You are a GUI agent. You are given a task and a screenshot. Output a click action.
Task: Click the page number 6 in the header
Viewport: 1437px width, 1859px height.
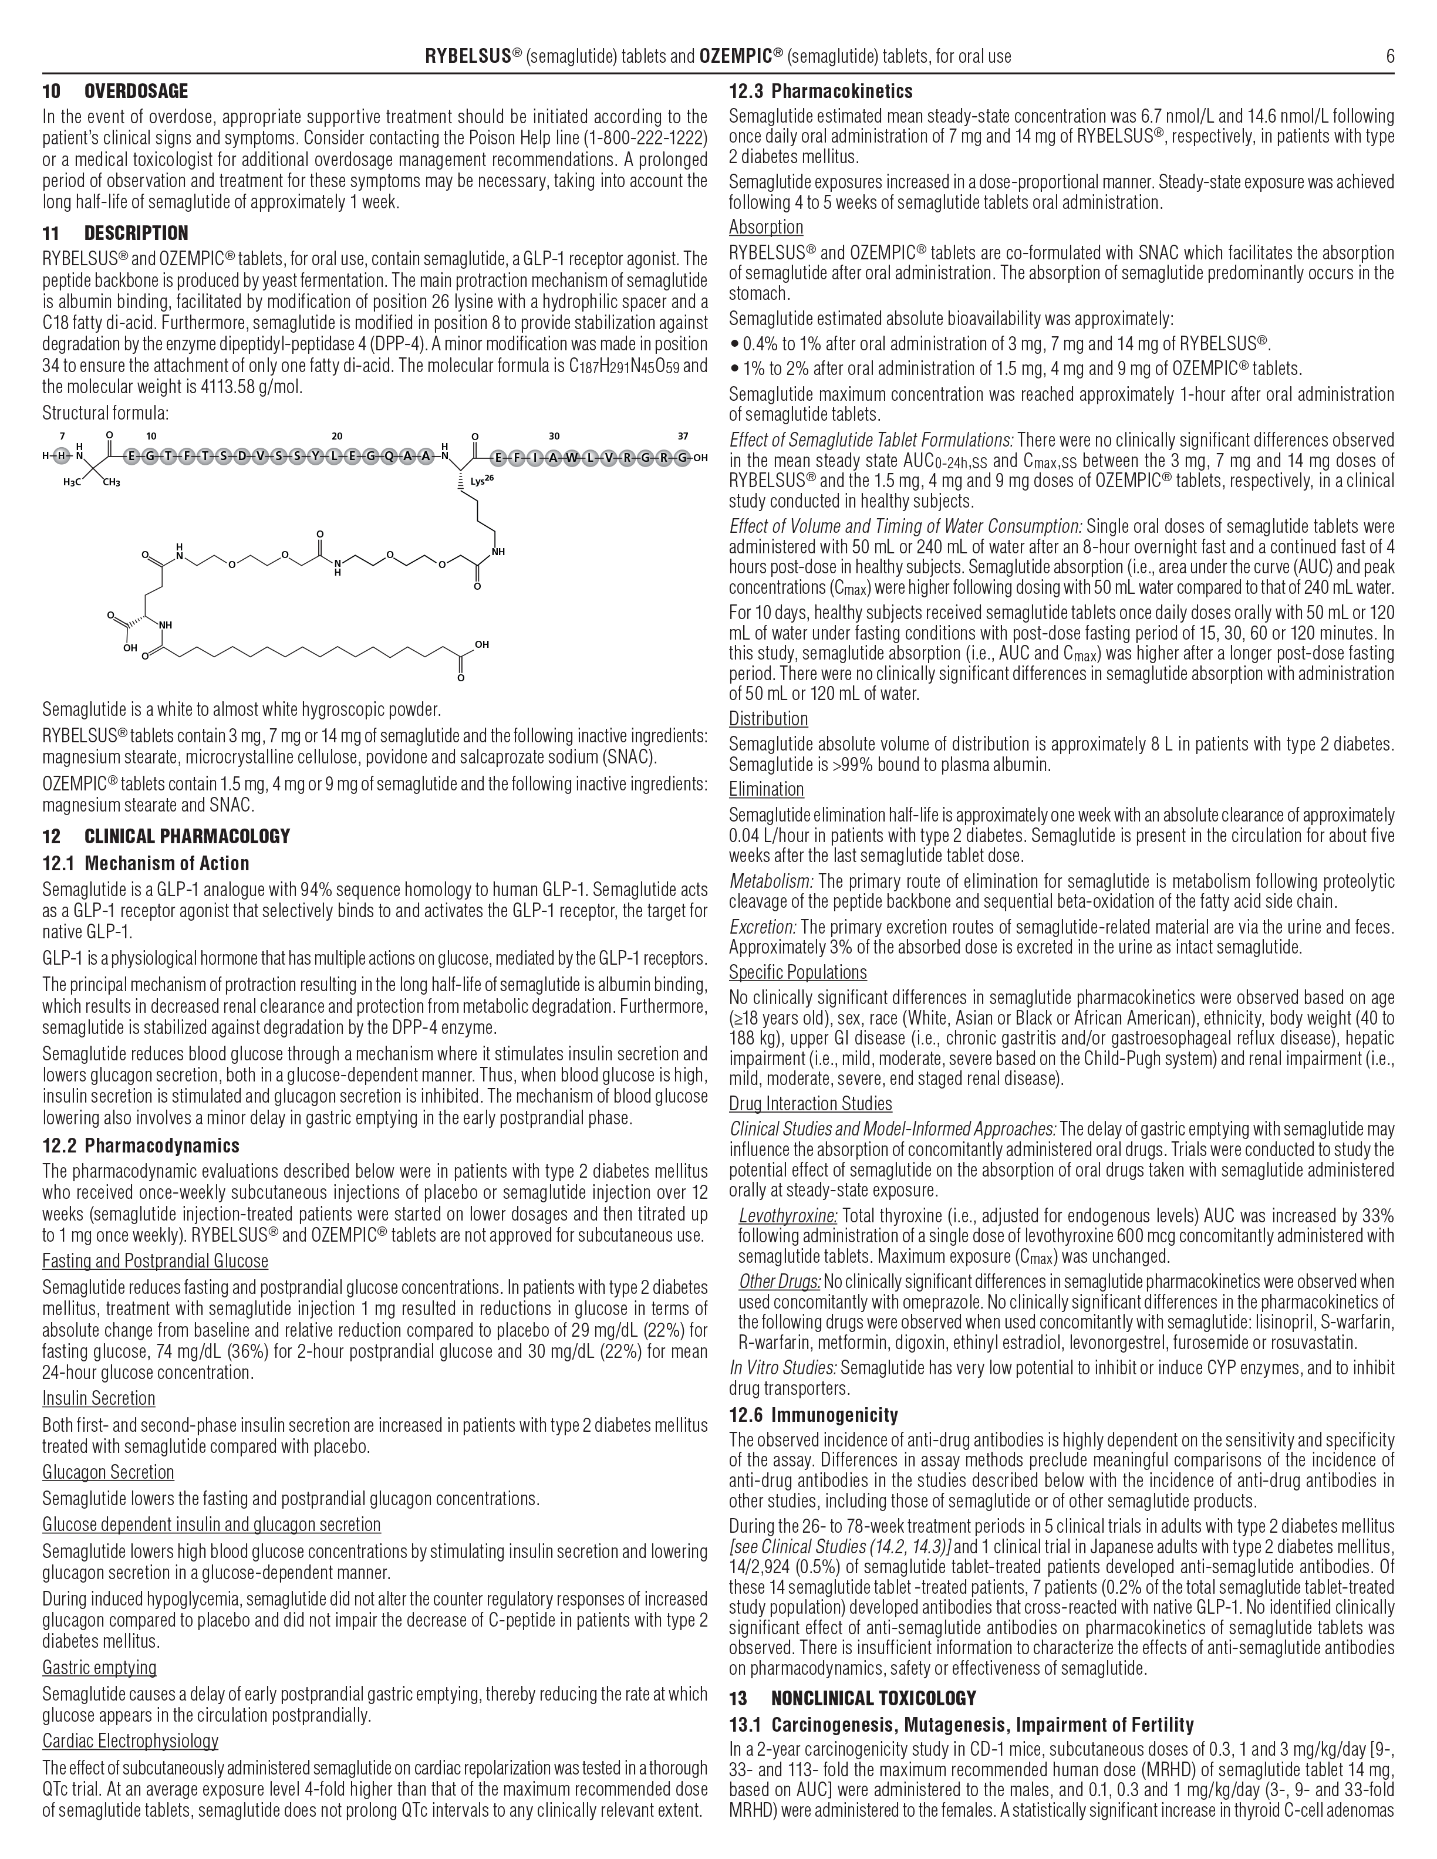1389,57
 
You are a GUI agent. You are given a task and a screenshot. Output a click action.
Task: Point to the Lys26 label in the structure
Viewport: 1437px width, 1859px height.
482,482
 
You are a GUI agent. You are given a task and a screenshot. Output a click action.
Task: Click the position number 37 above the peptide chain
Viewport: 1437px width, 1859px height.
683,437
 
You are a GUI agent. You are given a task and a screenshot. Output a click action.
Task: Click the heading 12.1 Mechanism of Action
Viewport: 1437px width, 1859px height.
146,864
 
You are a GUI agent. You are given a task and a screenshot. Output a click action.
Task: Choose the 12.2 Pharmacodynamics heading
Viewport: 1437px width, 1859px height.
140,1145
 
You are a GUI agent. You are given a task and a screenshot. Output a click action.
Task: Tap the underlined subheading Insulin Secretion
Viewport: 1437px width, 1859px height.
99,1398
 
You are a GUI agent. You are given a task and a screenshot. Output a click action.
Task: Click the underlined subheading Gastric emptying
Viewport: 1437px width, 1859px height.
100,1667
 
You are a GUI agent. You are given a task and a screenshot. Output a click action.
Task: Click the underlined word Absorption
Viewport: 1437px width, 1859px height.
765,227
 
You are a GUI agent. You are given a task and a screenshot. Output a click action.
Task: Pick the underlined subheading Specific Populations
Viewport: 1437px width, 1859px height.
797,972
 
